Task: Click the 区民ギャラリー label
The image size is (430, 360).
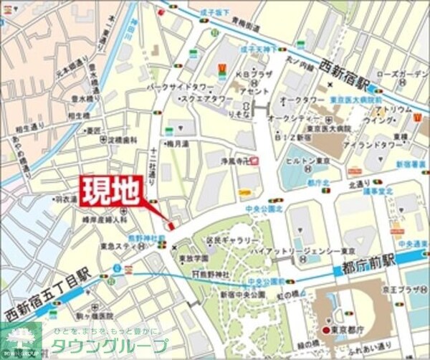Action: [232, 240]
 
